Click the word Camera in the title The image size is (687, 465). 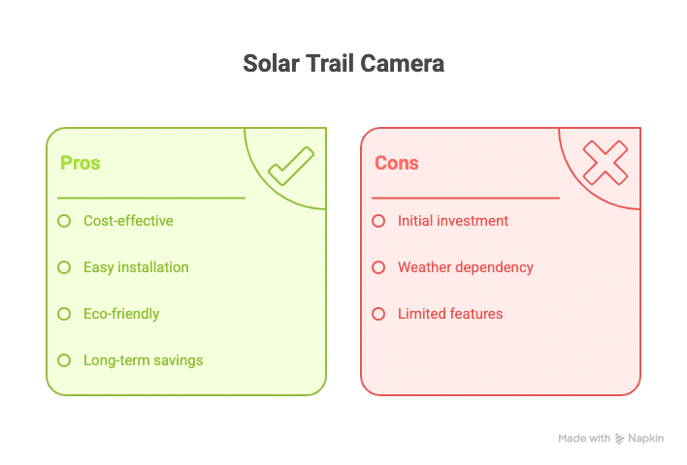pyautogui.click(x=403, y=63)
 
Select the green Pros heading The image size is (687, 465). pyautogui.click(x=81, y=163)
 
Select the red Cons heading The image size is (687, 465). pyautogui.click(x=397, y=163)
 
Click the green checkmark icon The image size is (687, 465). pyautogui.click(x=291, y=167)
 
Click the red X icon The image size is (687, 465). pyautogui.click(x=605, y=163)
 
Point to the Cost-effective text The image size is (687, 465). pyautogui.click(x=128, y=221)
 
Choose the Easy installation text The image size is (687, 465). pyautogui.click(x=136, y=267)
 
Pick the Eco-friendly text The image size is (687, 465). pyautogui.click(x=121, y=314)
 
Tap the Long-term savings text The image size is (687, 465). pyautogui.click(x=144, y=360)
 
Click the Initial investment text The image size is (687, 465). pyautogui.click(x=453, y=221)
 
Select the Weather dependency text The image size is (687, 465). pyautogui.click(x=466, y=267)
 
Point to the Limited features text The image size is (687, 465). pyautogui.click(x=450, y=314)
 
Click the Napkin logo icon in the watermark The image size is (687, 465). pyautogui.click(x=619, y=438)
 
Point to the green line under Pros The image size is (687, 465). pyautogui.click(x=151, y=199)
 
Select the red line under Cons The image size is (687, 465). pyautogui.click(x=466, y=199)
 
